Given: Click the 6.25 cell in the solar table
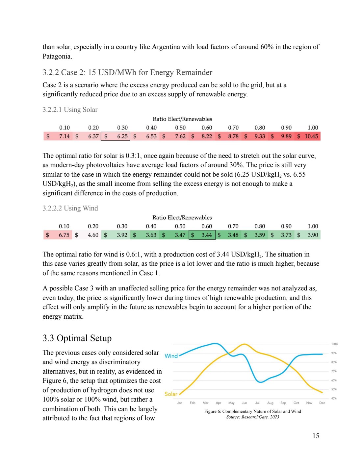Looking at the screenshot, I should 122,136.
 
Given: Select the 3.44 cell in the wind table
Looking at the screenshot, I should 206,235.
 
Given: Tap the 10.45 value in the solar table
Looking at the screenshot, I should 311,136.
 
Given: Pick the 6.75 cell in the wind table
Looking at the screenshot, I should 64,235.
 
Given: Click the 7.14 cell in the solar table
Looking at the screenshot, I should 64,136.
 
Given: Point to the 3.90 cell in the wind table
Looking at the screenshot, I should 313,235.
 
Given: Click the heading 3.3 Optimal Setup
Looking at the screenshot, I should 77,338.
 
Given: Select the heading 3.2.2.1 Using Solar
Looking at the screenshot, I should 70,110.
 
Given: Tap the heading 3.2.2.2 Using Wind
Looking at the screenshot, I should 70,208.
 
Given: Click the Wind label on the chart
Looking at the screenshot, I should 171,356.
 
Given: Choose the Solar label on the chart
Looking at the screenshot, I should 171,394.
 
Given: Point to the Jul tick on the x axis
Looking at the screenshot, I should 257,403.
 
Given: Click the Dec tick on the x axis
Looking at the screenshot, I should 322,403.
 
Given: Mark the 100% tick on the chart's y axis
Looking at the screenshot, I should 334,344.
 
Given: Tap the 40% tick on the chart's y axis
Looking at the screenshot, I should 334,398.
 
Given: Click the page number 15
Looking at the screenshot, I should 316,436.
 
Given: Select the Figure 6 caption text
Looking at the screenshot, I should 252,411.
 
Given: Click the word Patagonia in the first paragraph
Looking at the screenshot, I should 57,56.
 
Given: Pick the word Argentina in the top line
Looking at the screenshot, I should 166,47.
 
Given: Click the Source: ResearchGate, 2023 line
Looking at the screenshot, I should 252,417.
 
